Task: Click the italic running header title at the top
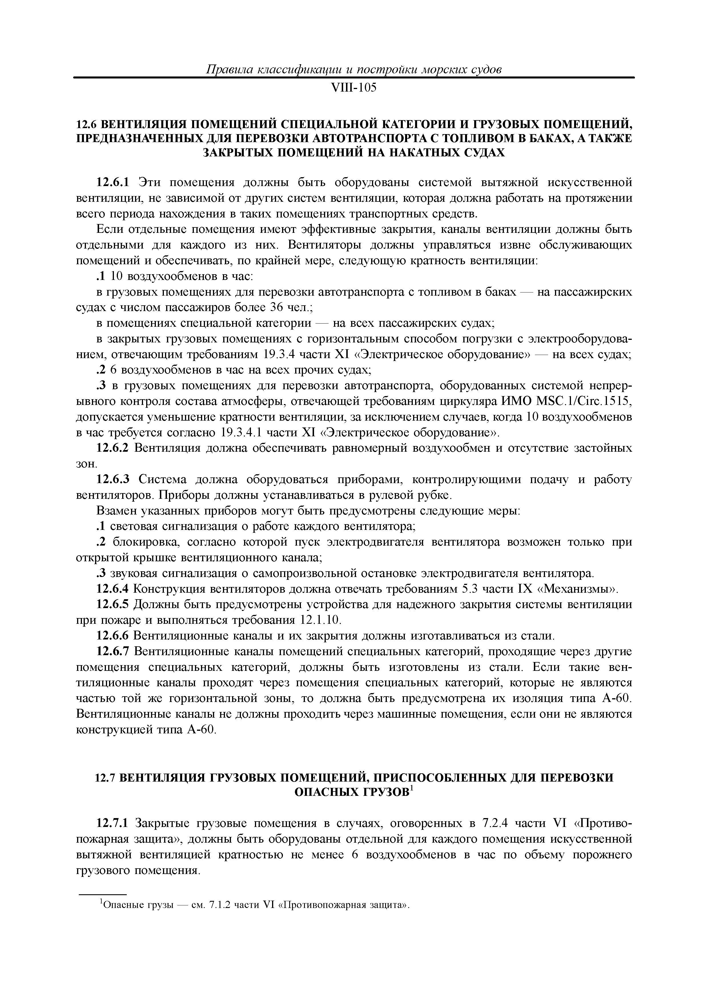tap(353, 69)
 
